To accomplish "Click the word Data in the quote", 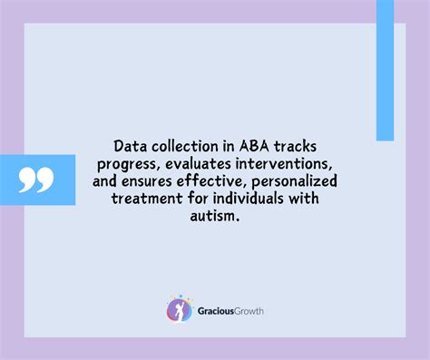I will [130, 145].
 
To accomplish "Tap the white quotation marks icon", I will [36, 180].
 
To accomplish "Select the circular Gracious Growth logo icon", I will [180, 309].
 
